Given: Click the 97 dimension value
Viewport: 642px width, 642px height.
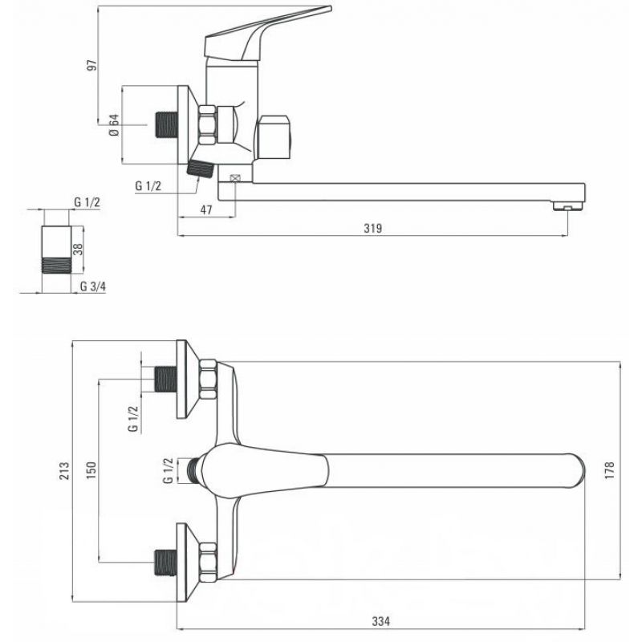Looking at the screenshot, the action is click(93, 65).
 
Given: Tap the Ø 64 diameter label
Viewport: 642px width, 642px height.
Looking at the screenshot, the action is click(114, 124).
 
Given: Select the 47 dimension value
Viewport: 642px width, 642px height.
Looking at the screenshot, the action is click(206, 209).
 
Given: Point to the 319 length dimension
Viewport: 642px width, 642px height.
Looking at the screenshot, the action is click(373, 228).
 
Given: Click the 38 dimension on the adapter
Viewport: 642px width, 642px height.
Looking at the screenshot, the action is click(78, 249).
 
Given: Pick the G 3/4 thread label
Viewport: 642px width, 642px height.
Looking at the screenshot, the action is click(93, 286).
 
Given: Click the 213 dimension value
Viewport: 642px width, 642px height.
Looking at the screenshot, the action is click(65, 471).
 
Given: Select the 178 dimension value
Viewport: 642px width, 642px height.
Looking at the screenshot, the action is click(609, 470).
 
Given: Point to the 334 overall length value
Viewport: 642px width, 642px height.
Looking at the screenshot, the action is click(380, 621).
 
